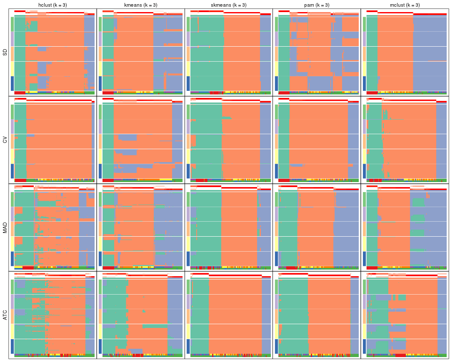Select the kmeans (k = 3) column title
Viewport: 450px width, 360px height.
click(x=141, y=5)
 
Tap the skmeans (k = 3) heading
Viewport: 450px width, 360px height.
click(x=229, y=5)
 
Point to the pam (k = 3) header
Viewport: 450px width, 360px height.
click(x=317, y=5)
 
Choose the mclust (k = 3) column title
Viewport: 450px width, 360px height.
click(x=405, y=5)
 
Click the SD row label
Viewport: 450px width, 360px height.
click(x=5, y=52)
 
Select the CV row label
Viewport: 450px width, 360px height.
click(x=5, y=140)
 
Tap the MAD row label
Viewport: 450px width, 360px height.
click(x=5, y=228)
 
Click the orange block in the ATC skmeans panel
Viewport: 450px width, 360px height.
click(x=235, y=317)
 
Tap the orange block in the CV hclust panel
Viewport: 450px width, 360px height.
click(x=58, y=142)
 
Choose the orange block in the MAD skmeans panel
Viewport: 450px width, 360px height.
click(x=239, y=229)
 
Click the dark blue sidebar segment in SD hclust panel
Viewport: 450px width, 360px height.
click(x=12, y=83)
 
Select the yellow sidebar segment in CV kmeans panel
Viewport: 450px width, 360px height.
click(x=100, y=156)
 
